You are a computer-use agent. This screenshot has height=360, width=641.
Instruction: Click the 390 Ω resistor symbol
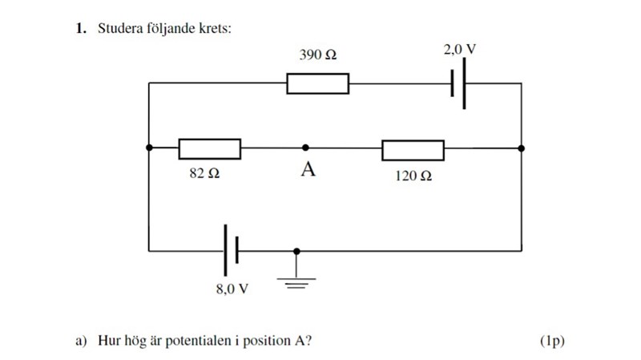pos(317,83)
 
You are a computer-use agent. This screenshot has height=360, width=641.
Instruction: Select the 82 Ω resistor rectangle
pos(209,148)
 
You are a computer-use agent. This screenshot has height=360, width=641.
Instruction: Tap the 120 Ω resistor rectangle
pos(413,149)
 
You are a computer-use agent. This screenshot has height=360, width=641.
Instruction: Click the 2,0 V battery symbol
pos(458,83)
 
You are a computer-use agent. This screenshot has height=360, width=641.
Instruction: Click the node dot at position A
pos(305,148)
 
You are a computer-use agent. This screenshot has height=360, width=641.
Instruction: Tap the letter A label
pos(306,170)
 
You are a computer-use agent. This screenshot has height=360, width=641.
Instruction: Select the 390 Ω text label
pos(317,55)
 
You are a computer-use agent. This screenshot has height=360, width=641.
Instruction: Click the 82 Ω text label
pos(204,174)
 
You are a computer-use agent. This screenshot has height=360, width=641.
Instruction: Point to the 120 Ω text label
pos(413,175)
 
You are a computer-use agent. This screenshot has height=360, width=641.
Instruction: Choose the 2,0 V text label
pos(459,50)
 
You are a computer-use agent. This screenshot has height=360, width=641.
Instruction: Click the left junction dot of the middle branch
pos(149,148)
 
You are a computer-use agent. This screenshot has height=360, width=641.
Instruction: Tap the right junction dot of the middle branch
pos(522,148)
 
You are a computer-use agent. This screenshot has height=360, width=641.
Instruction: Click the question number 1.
pos(80,29)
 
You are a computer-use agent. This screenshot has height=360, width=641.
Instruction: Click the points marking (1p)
pos(552,341)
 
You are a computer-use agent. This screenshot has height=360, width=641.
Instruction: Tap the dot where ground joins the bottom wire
pos(297,251)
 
